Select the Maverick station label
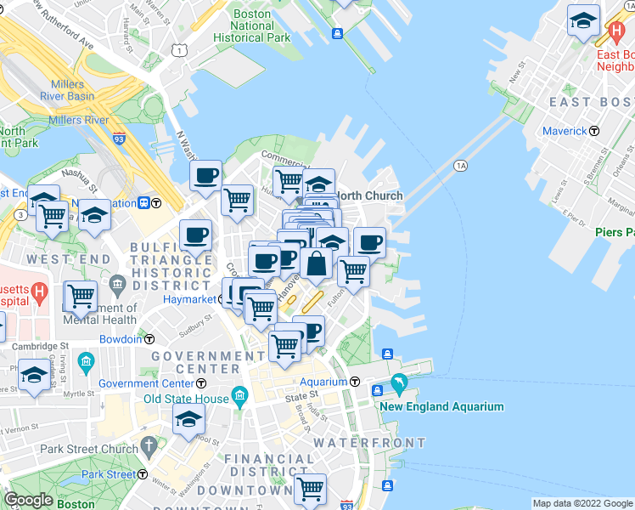pos(565,131)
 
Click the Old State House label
pos(186,399)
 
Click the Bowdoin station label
pos(120,339)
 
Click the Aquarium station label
pos(322,382)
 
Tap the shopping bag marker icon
pos(316,263)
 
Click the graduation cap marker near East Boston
pos(583,20)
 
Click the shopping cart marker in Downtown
pos(310,489)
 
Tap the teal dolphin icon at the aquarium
pos(400,388)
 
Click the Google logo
pos(28,500)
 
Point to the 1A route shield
pos(460,165)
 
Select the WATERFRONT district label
pos(369,443)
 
